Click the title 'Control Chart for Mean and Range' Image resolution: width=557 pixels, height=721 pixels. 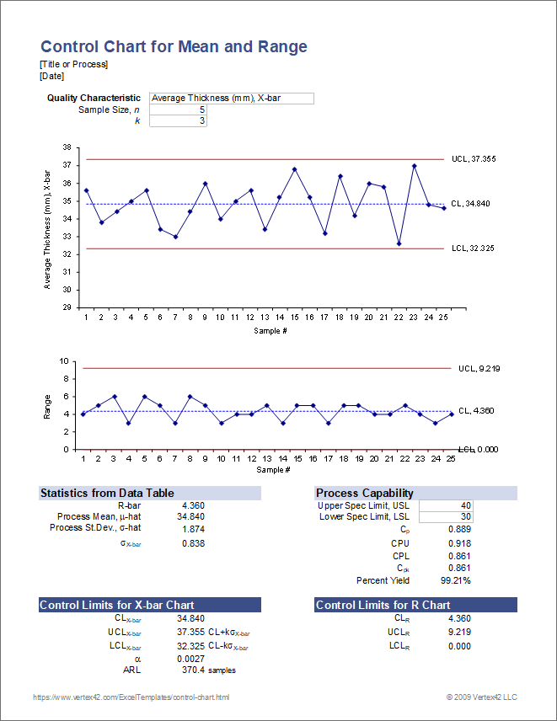174,47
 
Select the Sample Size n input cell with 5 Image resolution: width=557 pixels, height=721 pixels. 178,109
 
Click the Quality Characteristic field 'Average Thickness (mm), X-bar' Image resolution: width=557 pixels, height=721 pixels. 231,99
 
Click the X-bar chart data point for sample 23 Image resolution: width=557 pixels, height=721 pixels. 414,166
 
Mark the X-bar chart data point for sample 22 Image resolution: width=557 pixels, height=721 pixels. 399,243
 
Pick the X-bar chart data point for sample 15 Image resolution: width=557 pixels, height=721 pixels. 294,169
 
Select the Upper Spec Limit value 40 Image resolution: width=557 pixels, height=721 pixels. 446,505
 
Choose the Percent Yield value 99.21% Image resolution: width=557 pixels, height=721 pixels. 454,580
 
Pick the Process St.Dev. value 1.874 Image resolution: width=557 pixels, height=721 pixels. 193,529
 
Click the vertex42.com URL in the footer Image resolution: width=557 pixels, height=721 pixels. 131,697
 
